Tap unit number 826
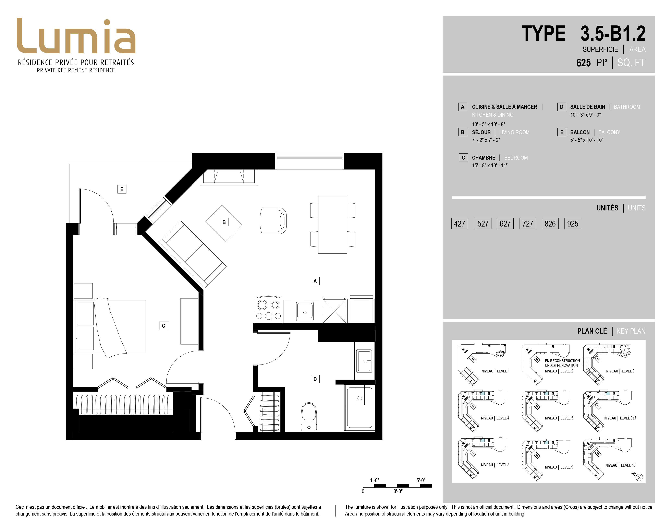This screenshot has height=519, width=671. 550,223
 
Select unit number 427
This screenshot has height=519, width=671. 459,223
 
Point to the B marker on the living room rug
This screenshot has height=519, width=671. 224,222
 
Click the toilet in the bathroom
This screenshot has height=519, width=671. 309,417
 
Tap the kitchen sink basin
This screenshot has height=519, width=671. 305,311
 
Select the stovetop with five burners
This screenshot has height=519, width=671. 268,310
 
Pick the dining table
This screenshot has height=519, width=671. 332,225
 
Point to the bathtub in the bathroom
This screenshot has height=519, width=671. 359,407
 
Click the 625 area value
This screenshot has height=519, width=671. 583,63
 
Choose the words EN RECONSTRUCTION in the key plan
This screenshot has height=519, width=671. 562,361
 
